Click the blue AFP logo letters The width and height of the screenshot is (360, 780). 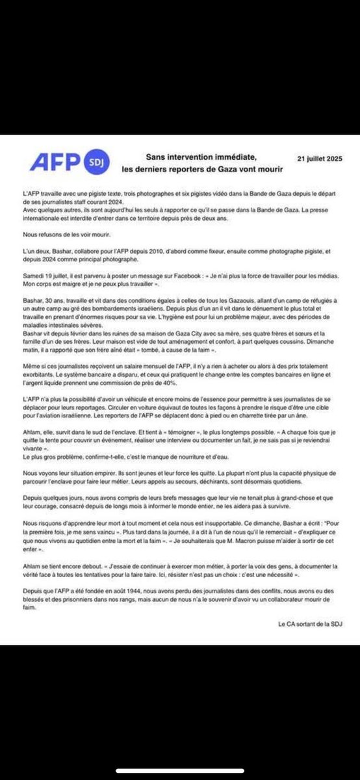pyautogui.click(x=53, y=159)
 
